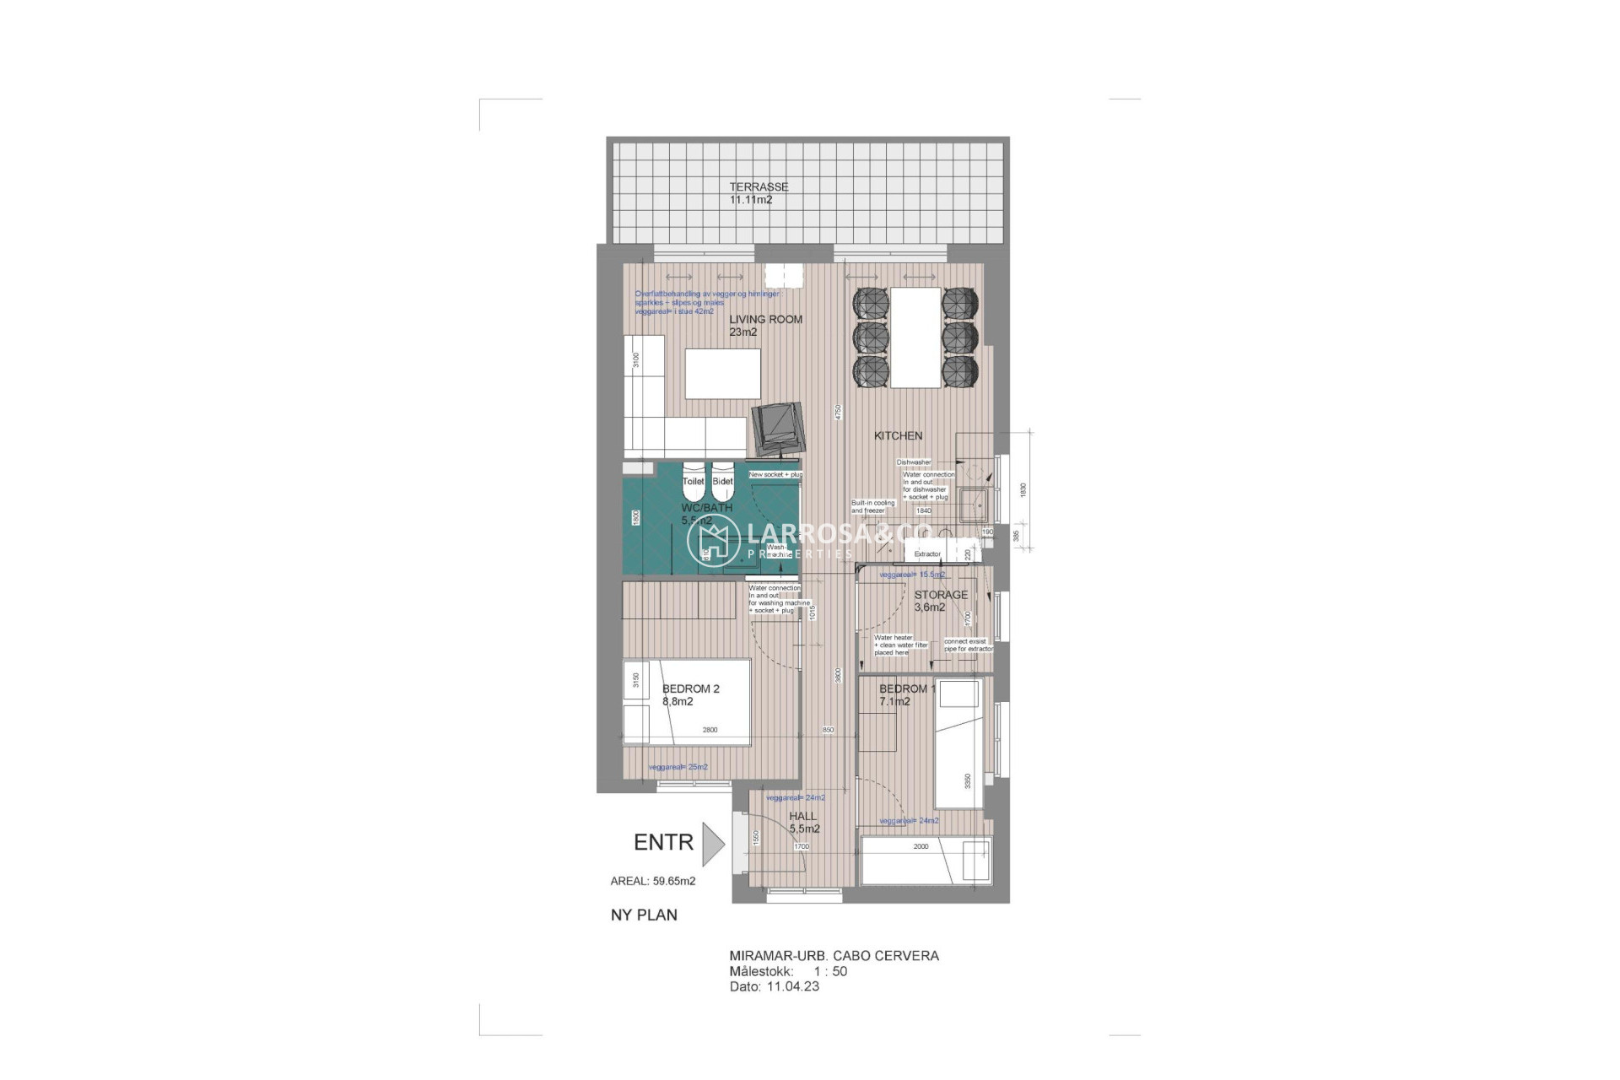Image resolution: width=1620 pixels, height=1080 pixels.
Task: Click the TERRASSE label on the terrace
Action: click(759, 187)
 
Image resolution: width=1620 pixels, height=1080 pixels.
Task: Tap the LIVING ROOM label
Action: click(765, 320)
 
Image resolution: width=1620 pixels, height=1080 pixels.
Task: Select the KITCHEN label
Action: click(898, 436)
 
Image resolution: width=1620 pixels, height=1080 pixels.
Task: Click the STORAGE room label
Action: click(941, 595)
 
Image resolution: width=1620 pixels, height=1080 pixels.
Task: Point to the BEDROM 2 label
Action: click(690, 689)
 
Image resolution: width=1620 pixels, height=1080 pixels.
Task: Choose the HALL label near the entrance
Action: click(802, 816)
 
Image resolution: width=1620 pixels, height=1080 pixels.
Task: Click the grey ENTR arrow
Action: click(713, 842)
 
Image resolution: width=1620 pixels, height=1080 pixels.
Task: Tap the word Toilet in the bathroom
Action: click(693, 481)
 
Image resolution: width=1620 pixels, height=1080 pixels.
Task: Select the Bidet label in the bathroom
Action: click(723, 481)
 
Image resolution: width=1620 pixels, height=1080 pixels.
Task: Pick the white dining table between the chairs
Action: click(915, 337)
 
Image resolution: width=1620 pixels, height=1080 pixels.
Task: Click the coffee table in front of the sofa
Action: click(722, 374)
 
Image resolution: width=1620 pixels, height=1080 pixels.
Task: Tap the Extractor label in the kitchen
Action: click(926, 554)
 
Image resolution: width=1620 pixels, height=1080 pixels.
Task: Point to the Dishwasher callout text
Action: click(914, 462)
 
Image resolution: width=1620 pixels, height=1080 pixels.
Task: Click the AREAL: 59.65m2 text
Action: click(652, 882)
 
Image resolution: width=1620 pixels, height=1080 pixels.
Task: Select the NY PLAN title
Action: click(644, 915)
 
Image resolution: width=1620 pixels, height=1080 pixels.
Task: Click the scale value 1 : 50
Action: click(829, 971)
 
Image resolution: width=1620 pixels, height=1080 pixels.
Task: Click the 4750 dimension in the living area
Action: click(838, 413)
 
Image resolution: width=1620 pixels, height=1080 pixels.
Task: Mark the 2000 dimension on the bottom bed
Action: click(921, 846)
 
